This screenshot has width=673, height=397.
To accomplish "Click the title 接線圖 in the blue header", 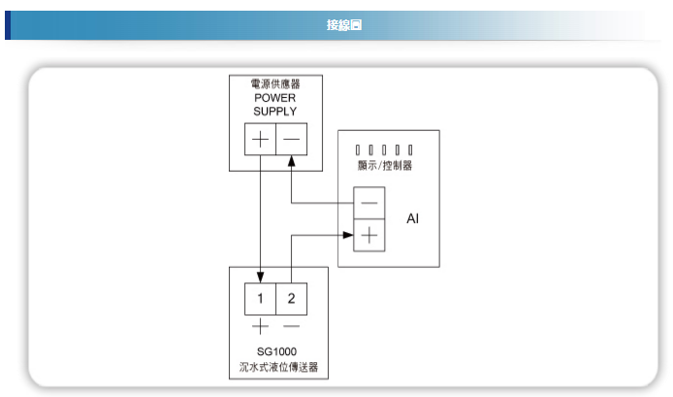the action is (344, 25).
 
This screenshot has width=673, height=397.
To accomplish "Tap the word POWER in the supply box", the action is (275, 98).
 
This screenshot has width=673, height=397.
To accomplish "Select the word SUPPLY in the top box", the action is (275, 112).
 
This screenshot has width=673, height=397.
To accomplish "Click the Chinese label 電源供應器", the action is (275, 83).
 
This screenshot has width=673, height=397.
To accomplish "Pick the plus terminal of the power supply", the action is (260, 139).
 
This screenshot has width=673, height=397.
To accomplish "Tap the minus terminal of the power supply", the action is (292, 139).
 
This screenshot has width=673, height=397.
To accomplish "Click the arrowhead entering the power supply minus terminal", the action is (292, 161).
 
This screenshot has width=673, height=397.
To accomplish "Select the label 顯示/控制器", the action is (385, 165).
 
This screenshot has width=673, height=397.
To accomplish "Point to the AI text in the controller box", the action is (412, 218).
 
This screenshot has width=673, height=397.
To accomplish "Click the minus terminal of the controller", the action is (369, 203).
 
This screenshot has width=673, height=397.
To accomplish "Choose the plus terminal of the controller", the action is (369, 236).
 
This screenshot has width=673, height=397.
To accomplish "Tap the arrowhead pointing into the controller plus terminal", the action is (348, 235).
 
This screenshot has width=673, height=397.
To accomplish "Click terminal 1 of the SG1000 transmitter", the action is (260, 299).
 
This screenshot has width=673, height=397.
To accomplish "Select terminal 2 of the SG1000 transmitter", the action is (292, 299).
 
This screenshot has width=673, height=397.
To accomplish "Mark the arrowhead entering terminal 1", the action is (260, 278).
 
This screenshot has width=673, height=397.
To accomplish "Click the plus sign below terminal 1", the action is (260, 326).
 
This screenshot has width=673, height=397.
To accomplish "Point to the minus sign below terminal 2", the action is (292, 326).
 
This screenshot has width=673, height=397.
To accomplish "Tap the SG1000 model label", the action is (276, 352).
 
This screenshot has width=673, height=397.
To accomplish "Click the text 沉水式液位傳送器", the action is (278, 367).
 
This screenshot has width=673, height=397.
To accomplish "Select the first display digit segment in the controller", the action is (358, 149).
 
